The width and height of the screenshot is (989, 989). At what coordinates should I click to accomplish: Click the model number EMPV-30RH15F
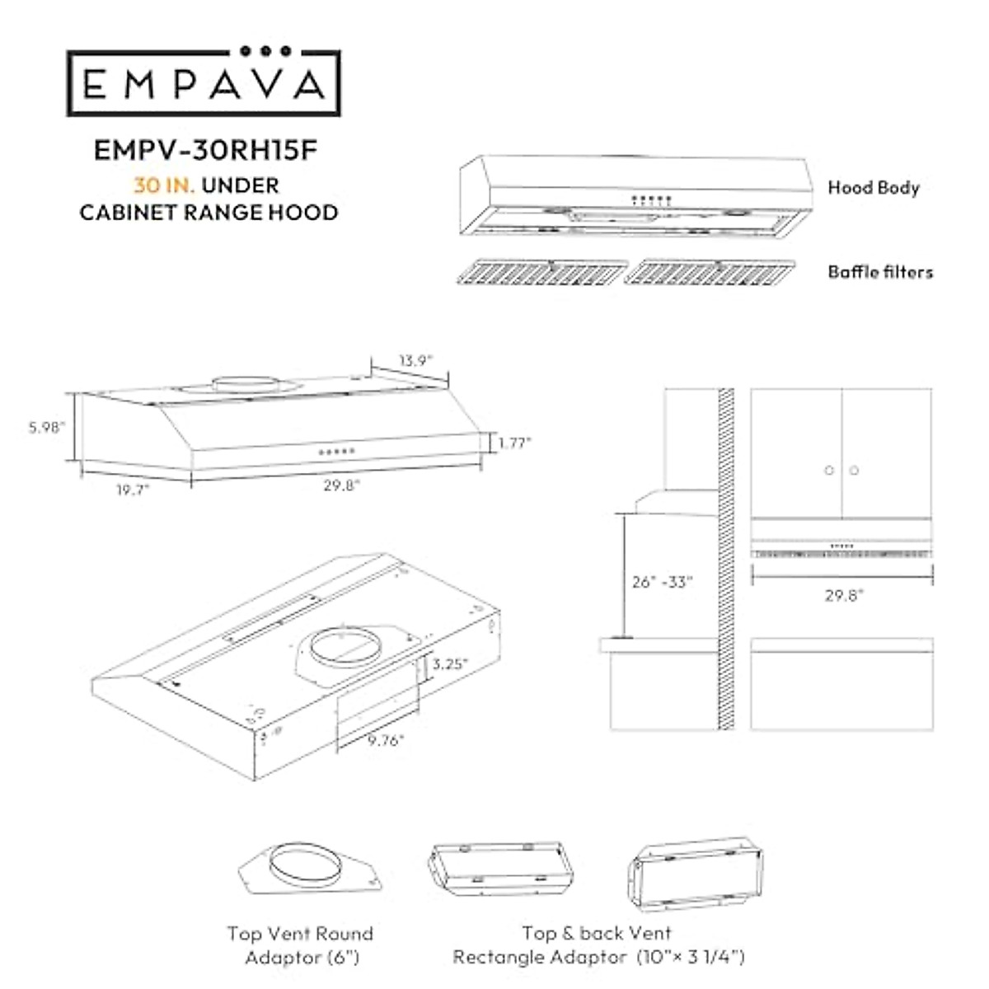click(205, 150)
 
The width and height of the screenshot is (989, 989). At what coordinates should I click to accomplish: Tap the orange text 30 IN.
click(164, 185)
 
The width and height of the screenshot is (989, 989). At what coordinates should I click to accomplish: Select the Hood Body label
click(873, 188)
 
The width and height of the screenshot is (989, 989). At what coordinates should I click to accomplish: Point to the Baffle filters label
click(880, 272)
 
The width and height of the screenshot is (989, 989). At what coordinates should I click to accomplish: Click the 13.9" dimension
click(415, 360)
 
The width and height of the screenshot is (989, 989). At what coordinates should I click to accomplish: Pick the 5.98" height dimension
click(46, 428)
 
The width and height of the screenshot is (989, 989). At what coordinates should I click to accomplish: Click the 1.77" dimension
click(514, 443)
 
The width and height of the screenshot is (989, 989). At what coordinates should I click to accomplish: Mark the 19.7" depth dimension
click(132, 490)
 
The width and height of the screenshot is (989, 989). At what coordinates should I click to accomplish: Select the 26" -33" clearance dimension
click(663, 581)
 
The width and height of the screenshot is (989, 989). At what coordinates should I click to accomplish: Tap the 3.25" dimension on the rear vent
click(451, 663)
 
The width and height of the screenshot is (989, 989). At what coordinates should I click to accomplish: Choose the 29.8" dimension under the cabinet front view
click(844, 595)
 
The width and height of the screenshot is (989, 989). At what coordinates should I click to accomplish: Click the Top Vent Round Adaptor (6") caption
click(300, 945)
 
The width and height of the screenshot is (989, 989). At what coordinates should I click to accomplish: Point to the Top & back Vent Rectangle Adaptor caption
click(598, 945)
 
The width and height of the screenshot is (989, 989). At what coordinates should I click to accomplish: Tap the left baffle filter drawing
click(541, 272)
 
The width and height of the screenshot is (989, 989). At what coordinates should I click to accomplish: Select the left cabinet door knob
click(829, 471)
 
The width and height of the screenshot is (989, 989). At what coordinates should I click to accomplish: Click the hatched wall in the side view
click(726, 560)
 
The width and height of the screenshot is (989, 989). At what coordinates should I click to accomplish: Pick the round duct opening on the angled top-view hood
click(346, 645)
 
